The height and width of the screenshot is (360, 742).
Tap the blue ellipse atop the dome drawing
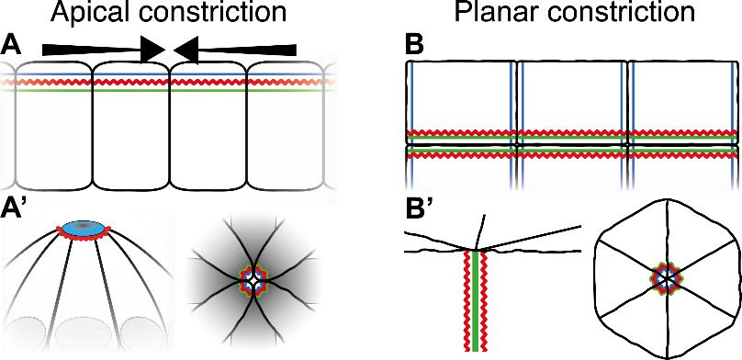pyautogui.click(x=84, y=228)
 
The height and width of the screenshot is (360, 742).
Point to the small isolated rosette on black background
pyautogui.click(x=667, y=278)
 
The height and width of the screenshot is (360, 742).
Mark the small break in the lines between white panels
pyautogui.click(x=169, y=82)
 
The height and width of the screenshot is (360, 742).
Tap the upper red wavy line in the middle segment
pyautogui.click(x=572, y=134)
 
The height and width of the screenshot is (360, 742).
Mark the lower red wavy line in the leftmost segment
pyautogui.click(x=462, y=155)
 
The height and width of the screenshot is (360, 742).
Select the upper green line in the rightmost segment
pyautogui.click(x=681, y=140)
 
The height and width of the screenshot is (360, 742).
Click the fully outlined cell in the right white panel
pyautogui.click(x=285, y=129)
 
